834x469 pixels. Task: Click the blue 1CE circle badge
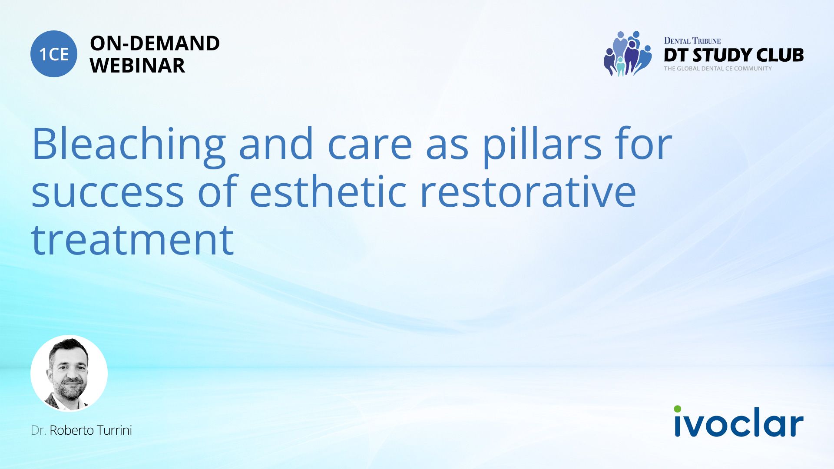54,54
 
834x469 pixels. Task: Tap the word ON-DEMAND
155,43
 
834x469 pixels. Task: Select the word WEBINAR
137,66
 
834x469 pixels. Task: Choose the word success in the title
108,192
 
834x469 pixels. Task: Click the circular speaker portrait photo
69,373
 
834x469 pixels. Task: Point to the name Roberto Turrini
91,430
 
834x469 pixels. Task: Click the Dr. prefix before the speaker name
39,430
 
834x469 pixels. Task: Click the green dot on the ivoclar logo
678,409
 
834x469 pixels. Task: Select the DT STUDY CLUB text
734,55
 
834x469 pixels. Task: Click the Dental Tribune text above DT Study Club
692,41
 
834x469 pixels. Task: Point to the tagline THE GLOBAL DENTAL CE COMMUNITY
718,69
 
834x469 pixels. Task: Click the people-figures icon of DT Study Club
628,54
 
